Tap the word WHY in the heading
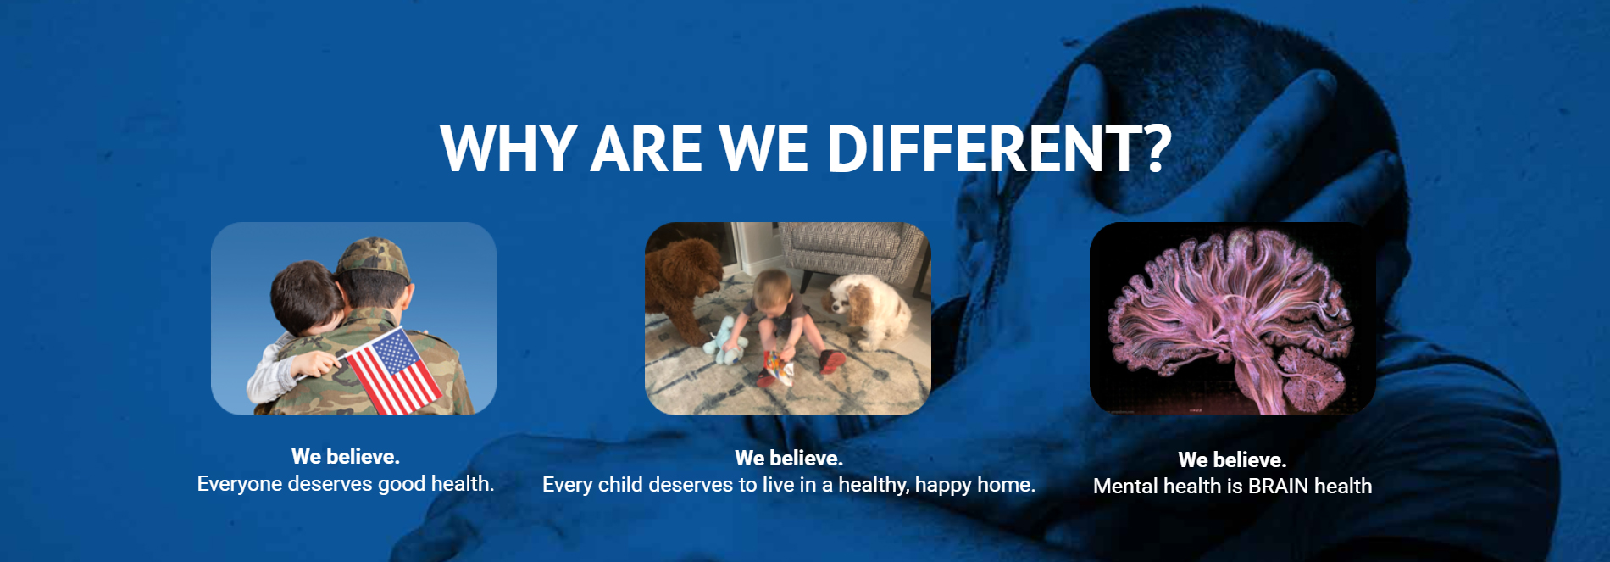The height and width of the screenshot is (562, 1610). [508, 148]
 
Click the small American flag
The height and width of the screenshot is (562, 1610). [392, 370]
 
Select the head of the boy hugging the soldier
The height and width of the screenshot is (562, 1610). [305, 296]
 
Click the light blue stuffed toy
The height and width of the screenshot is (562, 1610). [725, 339]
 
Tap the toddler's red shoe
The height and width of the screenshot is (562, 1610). [831, 362]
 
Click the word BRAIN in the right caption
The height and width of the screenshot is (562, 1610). [1278, 487]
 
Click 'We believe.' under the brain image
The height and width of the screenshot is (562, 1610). [1232, 459]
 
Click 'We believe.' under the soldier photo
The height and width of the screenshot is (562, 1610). [346, 456]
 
